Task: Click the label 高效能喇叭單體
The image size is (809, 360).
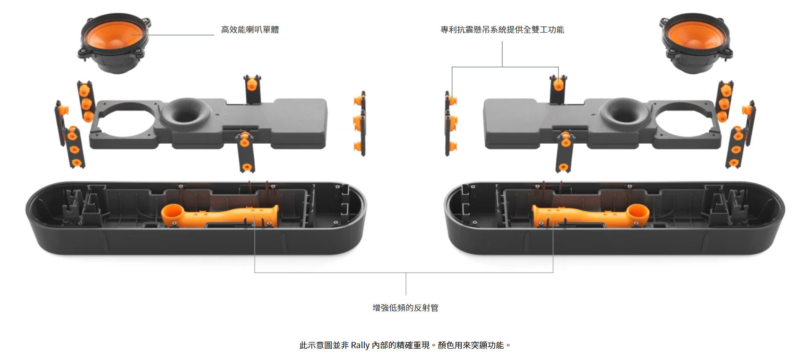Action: (x=250, y=30)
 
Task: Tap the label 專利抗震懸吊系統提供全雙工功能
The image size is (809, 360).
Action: (x=502, y=30)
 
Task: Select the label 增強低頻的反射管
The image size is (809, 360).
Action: (x=405, y=308)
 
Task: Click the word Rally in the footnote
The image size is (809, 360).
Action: (x=360, y=345)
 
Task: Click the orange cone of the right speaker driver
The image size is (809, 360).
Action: (x=695, y=35)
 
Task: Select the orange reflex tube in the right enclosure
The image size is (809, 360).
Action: (x=591, y=216)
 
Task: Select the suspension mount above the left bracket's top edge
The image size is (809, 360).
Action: (x=252, y=89)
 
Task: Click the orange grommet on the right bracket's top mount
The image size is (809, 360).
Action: (x=558, y=85)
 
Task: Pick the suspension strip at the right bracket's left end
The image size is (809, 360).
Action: (x=450, y=123)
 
